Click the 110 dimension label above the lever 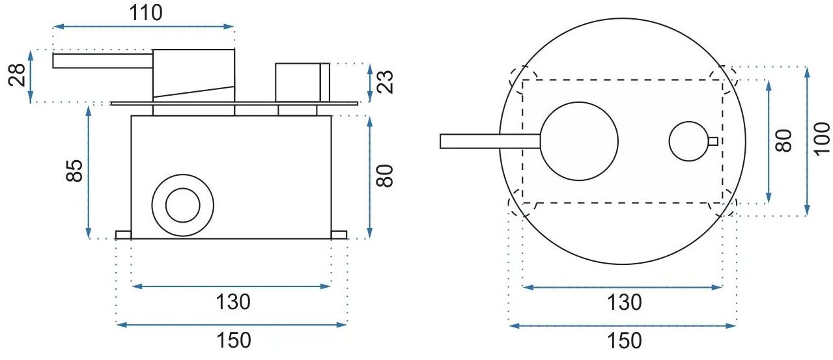pyautogui.click(x=146, y=13)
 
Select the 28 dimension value pyautogui.click(x=17, y=75)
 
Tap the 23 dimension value pyautogui.click(x=385, y=82)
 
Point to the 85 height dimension pyautogui.click(x=74, y=171)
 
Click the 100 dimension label pyautogui.click(x=822, y=139)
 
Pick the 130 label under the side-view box pyautogui.click(x=233, y=301)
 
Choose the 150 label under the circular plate pyautogui.click(x=625, y=340)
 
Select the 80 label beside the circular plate pyautogui.click(x=784, y=141)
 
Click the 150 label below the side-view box pyautogui.click(x=234, y=340)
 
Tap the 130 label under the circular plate pyautogui.click(x=625, y=302)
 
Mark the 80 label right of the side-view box pyautogui.click(x=384, y=176)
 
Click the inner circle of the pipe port pyautogui.click(x=182, y=206)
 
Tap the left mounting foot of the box pyautogui.click(x=124, y=235)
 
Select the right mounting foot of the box pyautogui.click(x=339, y=235)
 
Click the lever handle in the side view pyautogui.click(x=103, y=61)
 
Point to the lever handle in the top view pyautogui.click(x=490, y=141)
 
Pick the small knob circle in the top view pyautogui.click(x=688, y=141)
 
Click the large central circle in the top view pyautogui.click(x=579, y=141)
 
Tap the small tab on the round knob pyautogui.click(x=713, y=141)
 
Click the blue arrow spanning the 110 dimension pyautogui.click(x=143, y=27)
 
